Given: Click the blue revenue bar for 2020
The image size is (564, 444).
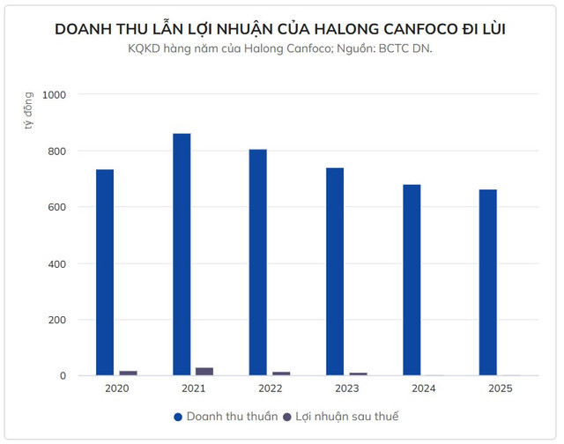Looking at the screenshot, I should [105, 272].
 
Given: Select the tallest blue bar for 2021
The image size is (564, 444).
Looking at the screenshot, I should [182, 255].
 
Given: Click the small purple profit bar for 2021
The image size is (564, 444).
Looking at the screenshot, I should [204, 372].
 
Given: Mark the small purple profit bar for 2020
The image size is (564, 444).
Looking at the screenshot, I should [128, 374].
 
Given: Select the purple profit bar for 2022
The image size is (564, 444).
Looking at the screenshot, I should [281, 374].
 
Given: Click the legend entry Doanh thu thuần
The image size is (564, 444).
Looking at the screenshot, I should [226, 416].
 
